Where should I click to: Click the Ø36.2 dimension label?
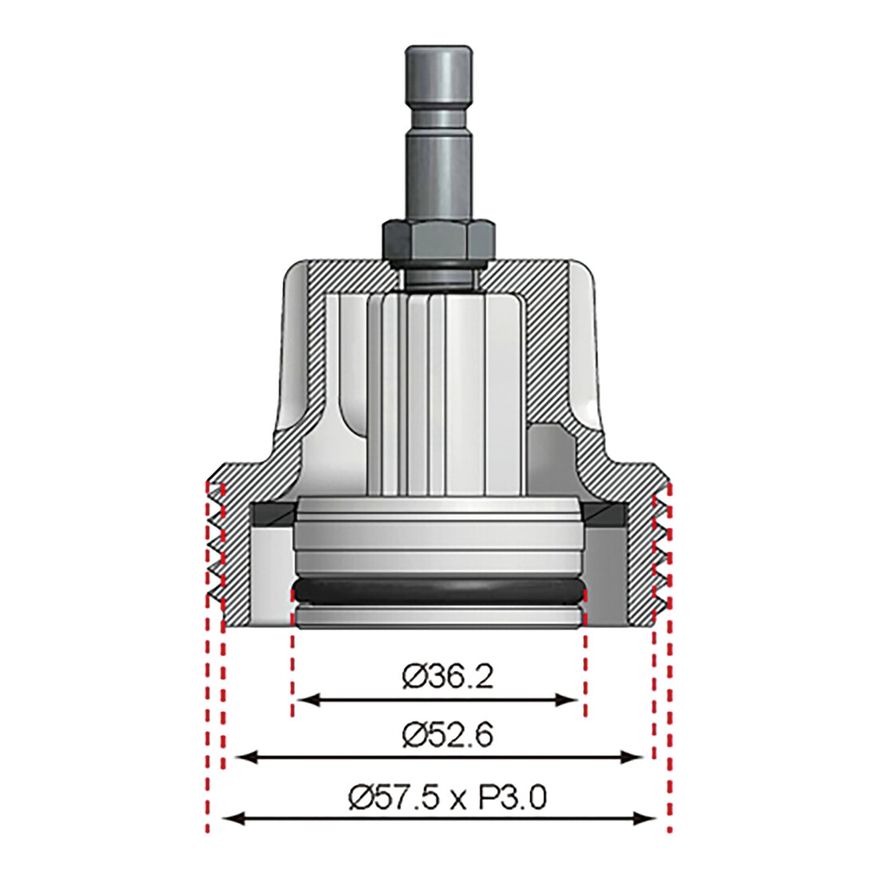(x=448, y=676)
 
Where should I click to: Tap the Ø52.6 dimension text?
(x=448, y=734)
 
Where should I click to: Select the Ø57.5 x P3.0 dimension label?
(x=448, y=797)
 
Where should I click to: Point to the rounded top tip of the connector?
(x=440, y=49)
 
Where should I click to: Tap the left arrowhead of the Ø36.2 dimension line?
(x=304, y=699)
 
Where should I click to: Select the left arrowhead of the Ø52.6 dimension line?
(x=246, y=757)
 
